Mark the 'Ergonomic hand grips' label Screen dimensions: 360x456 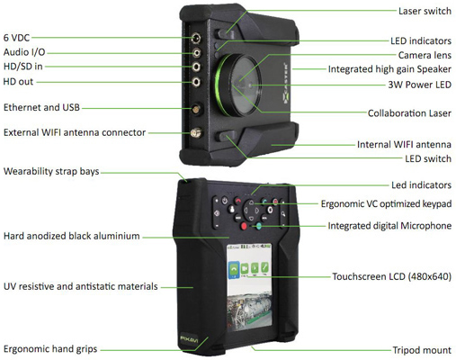(50, 348)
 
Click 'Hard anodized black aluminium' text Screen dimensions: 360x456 (72, 236)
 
